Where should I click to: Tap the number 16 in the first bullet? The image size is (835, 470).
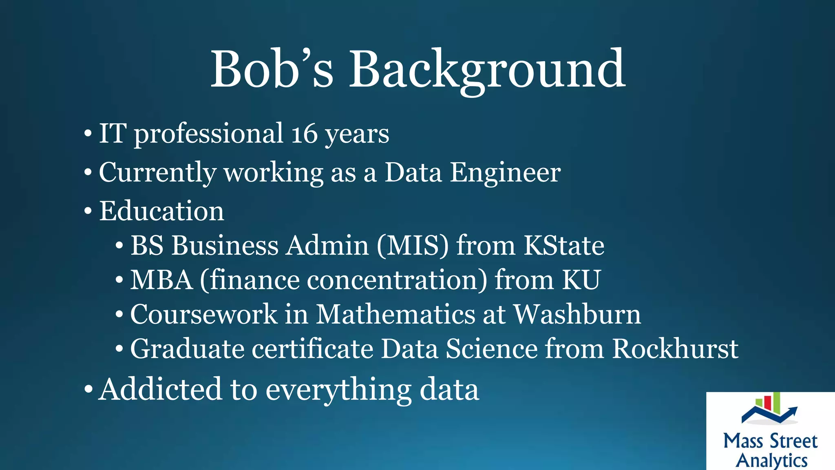304,134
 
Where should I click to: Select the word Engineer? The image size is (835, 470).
505,173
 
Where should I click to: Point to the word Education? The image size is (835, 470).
161,211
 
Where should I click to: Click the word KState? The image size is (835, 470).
564,246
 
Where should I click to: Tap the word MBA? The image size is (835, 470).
161,280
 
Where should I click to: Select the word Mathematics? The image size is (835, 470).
396,315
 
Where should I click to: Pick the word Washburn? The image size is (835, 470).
577,315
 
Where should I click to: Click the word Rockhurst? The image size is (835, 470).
675,349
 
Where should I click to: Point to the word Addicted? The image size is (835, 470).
160,389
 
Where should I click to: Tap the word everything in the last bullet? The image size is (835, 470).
338,390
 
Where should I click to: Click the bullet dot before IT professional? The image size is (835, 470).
88,134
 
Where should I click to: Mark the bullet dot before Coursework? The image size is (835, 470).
119,315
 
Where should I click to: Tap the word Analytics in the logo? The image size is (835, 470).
771,461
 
